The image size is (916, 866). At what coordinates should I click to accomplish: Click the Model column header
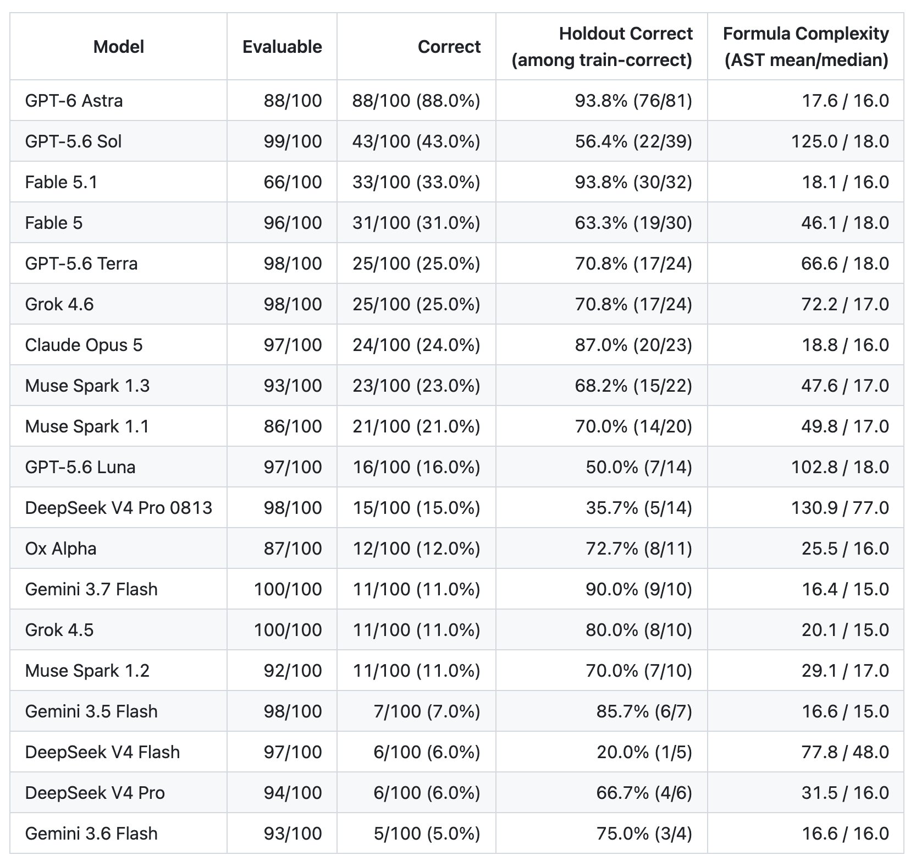click(x=119, y=47)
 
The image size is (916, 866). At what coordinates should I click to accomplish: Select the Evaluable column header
click(x=282, y=47)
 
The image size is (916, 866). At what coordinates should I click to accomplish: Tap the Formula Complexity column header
click(x=805, y=47)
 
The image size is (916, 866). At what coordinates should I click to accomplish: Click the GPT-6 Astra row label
click(x=74, y=101)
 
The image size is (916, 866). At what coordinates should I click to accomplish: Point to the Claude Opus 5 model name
click(x=84, y=345)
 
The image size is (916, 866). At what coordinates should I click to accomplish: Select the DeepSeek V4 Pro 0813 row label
click(x=118, y=508)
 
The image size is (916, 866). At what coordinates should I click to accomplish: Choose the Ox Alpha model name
click(x=60, y=549)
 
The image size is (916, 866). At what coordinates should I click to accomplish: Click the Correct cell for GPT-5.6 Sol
click(x=416, y=141)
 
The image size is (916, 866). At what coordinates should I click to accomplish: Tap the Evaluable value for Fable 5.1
click(x=293, y=182)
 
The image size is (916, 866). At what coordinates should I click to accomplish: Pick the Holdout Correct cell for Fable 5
click(x=633, y=223)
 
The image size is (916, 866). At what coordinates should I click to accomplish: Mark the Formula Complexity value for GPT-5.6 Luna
click(x=840, y=467)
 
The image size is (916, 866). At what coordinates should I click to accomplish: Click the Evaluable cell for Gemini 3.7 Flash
click(x=288, y=589)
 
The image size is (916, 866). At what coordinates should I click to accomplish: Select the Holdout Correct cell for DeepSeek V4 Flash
click(x=644, y=752)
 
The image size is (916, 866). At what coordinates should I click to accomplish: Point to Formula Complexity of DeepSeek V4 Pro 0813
click(x=840, y=508)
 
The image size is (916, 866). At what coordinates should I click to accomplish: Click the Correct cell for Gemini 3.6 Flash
click(x=427, y=834)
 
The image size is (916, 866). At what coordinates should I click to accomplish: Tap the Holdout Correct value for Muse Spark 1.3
click(x=633, y=386)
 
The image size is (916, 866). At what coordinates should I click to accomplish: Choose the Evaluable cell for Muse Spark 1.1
click(x=293, y=426)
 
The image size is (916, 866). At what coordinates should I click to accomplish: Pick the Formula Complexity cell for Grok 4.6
click(x=845, y=304)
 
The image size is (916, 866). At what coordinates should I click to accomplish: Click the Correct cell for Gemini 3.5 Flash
click(x=427, y=711)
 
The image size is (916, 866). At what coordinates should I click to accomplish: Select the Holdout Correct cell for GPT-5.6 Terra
click(x=633, y=264)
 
